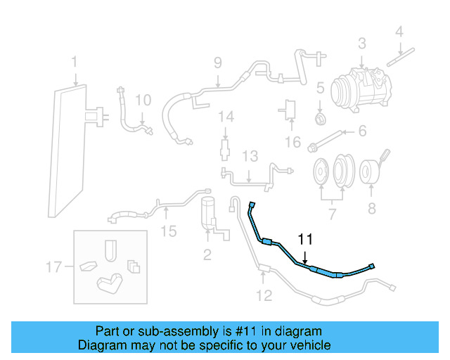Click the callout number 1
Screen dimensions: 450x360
pyautogui.click(x=74, y=64)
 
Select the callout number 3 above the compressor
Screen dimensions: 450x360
pyautogui.click(x=361, y=44)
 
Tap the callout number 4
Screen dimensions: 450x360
pyautogui.click(x=399, y=31)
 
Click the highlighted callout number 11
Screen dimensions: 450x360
pyautogui.click(x=304, y=240)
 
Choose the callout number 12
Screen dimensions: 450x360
pyautogui.click(x=263, y=295)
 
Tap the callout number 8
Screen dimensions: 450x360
pyautogui.click(x=371, y=208)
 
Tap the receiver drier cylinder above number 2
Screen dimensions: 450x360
pyautogui.click(x=208, y=211)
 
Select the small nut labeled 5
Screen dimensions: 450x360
pyautogui.click(x=320, y=116)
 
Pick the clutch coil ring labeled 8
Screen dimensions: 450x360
pyautogui.click(x=371, y=172)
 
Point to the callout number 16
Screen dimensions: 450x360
pyautogui.click(x=292, y=143)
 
